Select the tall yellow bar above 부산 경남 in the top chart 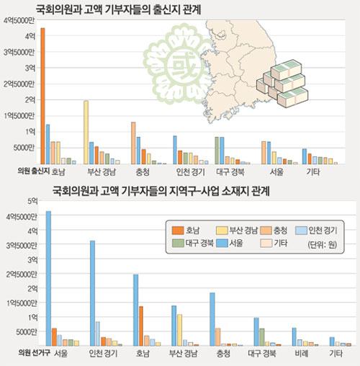pyautogui.click(x=86, y=133)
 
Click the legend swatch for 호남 pyautogui.click(x=177, y=230)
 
